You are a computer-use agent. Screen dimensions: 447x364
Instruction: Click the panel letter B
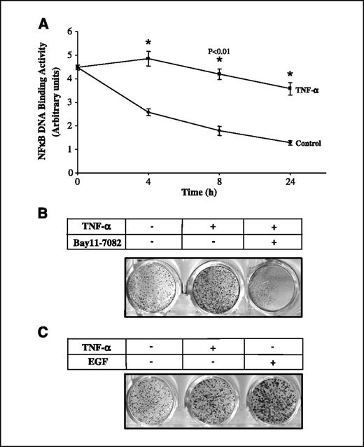[44, 210]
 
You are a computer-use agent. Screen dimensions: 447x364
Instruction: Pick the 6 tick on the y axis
[70, 32]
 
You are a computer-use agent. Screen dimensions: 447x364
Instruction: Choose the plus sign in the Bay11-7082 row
[273, 241]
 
